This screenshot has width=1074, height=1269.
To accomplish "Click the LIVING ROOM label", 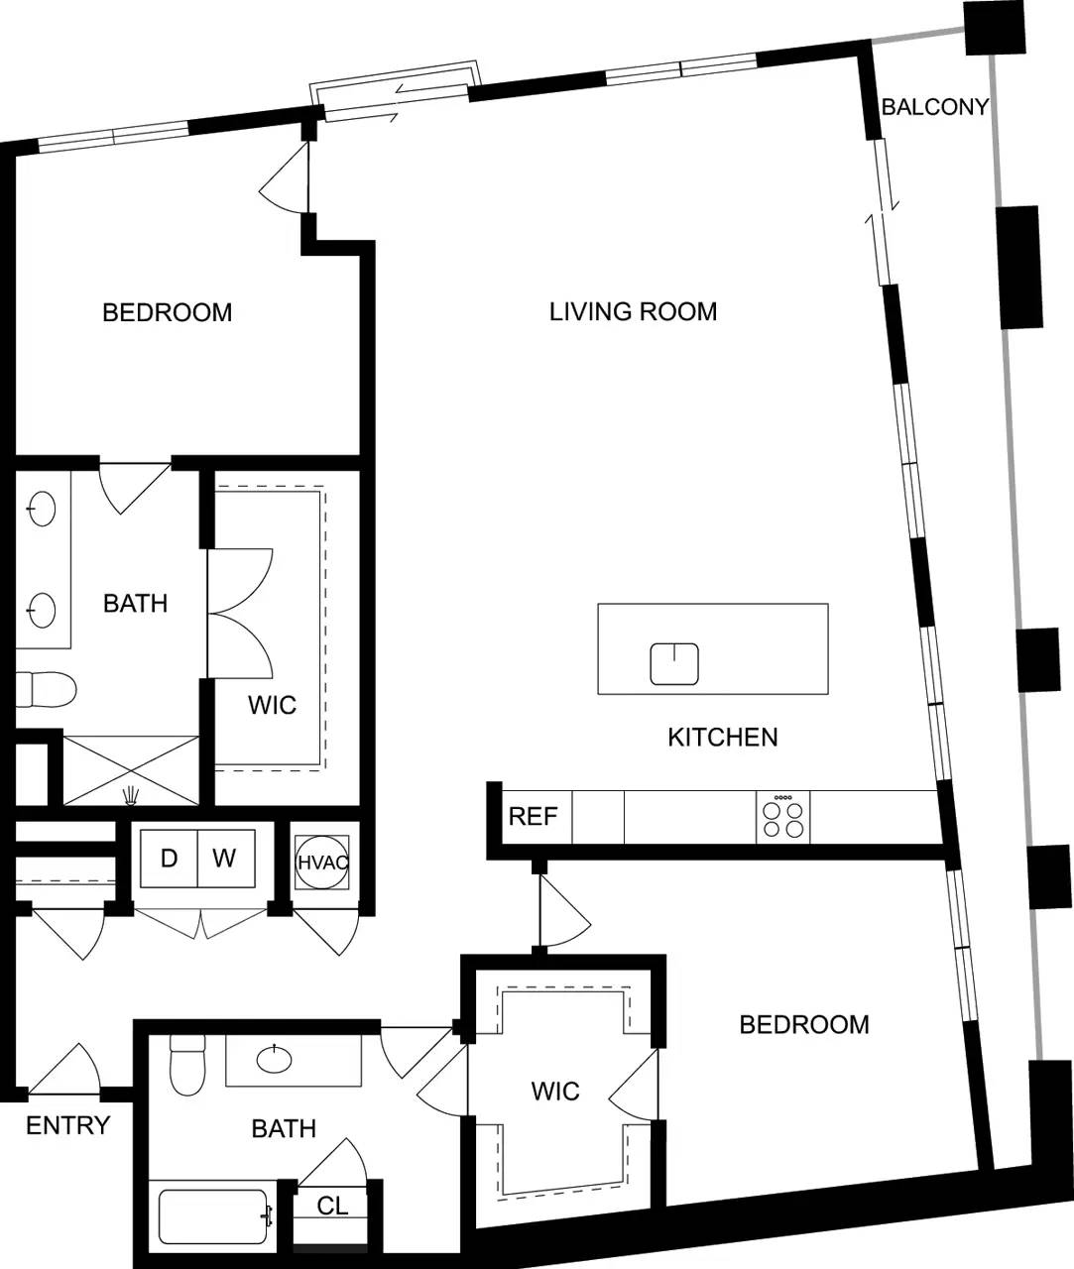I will point(633,311).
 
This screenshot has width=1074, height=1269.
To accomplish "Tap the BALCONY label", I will point(934,107).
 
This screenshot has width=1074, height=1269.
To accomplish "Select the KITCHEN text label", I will point(722,737).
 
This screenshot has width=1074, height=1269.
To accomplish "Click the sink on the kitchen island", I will point(674,664).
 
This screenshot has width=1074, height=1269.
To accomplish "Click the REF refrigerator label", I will point(533,817).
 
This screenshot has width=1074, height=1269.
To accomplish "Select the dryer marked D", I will point(169,858).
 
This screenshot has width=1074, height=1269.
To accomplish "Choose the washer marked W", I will point(225,858).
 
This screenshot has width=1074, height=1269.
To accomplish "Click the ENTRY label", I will point(67,1125).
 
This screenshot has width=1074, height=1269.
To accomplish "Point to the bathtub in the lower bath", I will point(214,1216).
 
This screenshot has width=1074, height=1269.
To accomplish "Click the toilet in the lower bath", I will point(186,1067).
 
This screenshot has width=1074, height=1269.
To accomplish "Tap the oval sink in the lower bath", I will point(275,1060).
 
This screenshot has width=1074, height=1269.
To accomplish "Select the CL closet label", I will point(332,1206).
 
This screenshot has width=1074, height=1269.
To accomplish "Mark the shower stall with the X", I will point(131,769).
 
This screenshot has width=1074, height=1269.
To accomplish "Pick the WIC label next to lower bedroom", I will point(555,1092).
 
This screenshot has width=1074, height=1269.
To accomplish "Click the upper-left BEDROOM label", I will point(167,312).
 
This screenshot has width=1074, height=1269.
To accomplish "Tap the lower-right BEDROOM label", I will point(804,1024).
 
